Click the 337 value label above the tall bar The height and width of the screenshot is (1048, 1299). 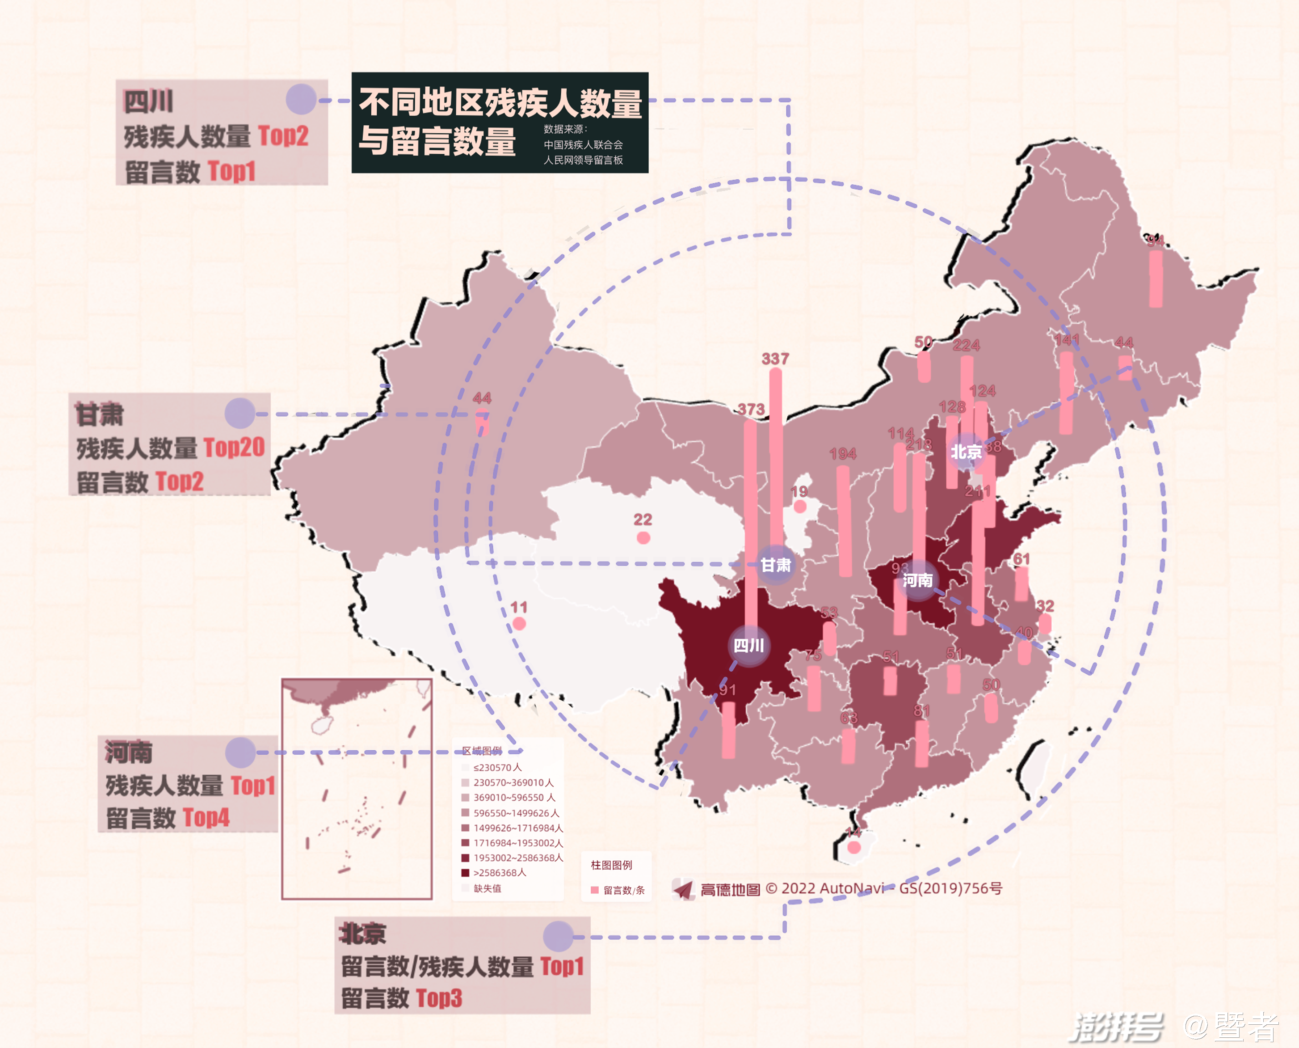(775, 359)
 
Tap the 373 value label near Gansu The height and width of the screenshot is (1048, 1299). (751, 409)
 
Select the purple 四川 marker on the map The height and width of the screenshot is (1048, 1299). (749, 645)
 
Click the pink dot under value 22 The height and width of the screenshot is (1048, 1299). (643, 537)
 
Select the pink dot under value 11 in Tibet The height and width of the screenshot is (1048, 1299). (519, 624)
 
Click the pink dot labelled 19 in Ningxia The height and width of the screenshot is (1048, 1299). (799, 507)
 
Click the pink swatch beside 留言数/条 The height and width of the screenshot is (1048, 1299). (594, 890)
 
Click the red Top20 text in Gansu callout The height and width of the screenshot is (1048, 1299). (234, 448)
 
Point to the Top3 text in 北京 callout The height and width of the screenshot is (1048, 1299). (439, 998)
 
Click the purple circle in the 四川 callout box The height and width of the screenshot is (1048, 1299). (301, 99)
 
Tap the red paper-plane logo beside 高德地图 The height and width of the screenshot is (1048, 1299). (684, 889)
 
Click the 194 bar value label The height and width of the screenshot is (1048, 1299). (842, 453)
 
